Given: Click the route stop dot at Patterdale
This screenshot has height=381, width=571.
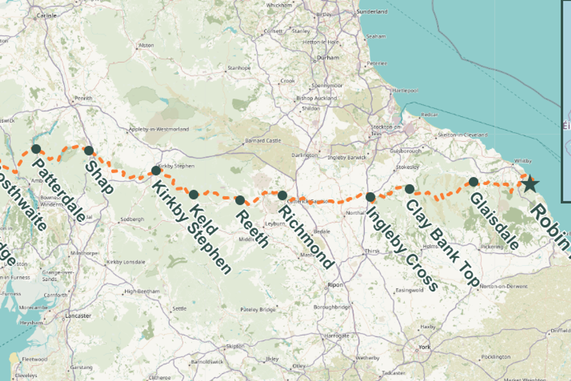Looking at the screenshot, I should tap(36, 149).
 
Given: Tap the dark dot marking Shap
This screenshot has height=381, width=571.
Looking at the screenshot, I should tap(89, 150).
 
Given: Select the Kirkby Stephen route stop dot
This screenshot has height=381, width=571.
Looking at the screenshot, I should tap(156, 171).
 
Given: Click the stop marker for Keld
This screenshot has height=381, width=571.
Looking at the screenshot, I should tap(194, 195).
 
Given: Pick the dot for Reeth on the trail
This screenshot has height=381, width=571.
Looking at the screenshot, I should tap(240, 200).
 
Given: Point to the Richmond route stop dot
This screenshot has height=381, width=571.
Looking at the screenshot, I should tap(282, 195).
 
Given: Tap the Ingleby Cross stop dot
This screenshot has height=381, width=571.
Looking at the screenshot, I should tap(370, 197).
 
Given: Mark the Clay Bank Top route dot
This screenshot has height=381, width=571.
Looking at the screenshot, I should tap(410, 189).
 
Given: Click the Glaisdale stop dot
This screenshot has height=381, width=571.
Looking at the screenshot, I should tap(473, 182).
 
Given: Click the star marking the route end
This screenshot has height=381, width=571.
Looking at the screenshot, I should tap(530, 184).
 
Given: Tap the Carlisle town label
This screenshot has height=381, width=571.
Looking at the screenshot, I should tap(46, 15).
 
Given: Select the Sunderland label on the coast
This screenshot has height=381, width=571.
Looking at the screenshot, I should tap(372, 12).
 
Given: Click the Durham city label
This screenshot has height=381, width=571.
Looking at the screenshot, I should tap(328, 57).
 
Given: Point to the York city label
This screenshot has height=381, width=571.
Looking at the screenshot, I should tap(424, 347).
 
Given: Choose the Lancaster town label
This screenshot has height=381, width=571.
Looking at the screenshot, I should tap(78, 316).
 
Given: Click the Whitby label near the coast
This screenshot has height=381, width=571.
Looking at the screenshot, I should tap(523, 161).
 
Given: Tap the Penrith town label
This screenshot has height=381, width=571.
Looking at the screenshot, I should tap(83, 98).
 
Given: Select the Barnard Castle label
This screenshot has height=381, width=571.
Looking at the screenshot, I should tap(263, 140).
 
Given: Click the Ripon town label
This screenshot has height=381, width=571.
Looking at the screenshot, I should tap(335, 285).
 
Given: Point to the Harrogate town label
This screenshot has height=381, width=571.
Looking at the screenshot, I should tap(337, 336).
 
